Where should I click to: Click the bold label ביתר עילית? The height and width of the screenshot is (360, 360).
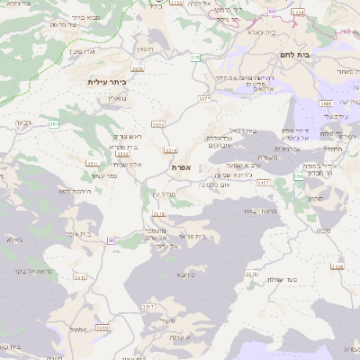tap(106, 82)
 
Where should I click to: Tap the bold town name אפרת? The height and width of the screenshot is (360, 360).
tap(180, 167)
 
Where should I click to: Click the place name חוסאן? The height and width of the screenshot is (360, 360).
tap(145, 49)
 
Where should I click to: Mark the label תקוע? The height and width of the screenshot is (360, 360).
tap(314, 197)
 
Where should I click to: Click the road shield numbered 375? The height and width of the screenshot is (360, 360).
tap(195, 58)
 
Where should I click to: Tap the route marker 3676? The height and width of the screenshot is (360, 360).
tap(137, 68)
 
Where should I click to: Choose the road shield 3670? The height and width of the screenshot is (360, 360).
tap(252, 273)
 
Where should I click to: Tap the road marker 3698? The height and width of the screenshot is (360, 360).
tap(337, 267)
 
